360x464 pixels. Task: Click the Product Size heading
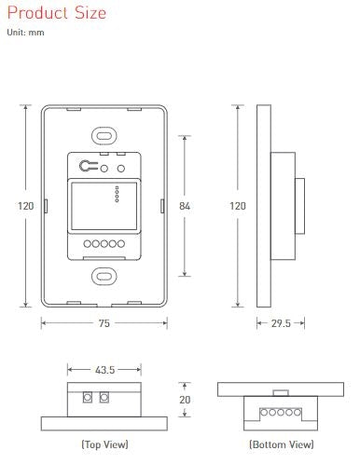(56, 13)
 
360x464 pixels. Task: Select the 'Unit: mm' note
(25, 34)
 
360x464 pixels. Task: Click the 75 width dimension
(104, 323)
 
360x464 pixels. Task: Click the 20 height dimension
(186, 399)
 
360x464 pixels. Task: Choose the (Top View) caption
(104, 444)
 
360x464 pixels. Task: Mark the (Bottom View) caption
(279, 444)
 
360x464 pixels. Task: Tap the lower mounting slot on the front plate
(104, 276)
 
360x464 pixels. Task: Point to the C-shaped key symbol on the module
(87, 168)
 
